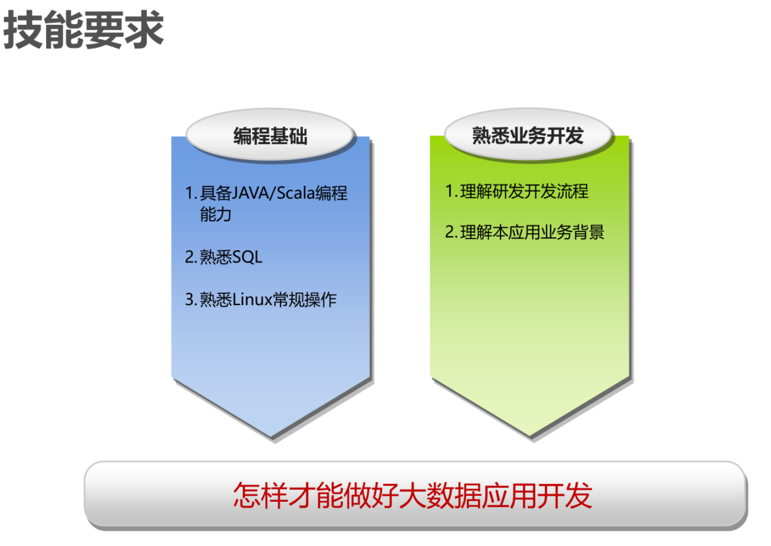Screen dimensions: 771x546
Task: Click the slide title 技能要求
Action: (83, 30)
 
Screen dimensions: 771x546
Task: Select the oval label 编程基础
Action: (270, 135)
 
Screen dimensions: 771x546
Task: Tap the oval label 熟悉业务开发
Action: (528, 135)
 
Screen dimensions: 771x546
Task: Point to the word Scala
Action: (296, 192)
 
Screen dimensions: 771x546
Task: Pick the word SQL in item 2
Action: (247, 257)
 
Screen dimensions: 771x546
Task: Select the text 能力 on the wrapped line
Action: (216, 214)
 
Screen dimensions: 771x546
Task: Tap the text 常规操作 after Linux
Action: (305, 299)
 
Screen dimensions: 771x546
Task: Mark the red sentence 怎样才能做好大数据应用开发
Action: (413, 495)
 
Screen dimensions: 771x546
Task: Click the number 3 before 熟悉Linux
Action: (190, 299)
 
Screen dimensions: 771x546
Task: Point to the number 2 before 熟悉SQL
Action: (190, 257)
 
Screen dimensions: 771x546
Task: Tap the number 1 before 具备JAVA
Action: (190, 192)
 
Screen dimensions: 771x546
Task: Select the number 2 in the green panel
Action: (450, 232)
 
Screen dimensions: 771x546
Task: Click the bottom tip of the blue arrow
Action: (271, 437)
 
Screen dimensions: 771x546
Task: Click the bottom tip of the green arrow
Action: (530, 436)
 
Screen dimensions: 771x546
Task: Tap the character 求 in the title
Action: (144, 30)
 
